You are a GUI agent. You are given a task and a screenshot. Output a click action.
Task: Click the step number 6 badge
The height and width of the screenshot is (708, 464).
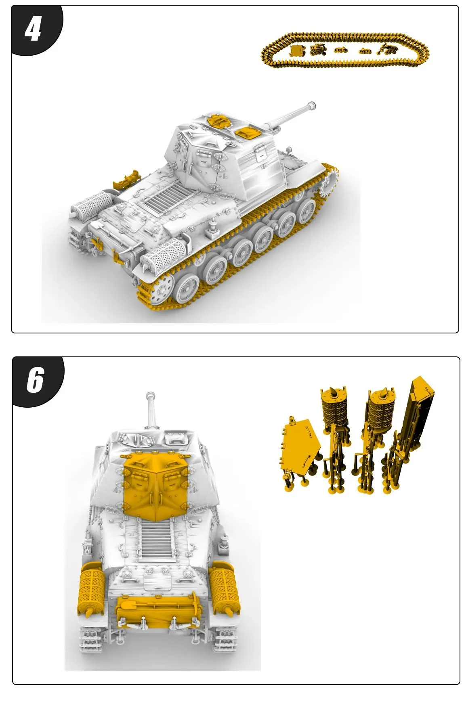(x=35, y=380)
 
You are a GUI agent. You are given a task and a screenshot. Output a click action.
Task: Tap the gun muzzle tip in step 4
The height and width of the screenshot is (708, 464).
(x=311, y=106)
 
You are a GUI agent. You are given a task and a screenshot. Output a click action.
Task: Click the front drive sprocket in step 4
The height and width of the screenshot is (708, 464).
(x=329, y=184)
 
